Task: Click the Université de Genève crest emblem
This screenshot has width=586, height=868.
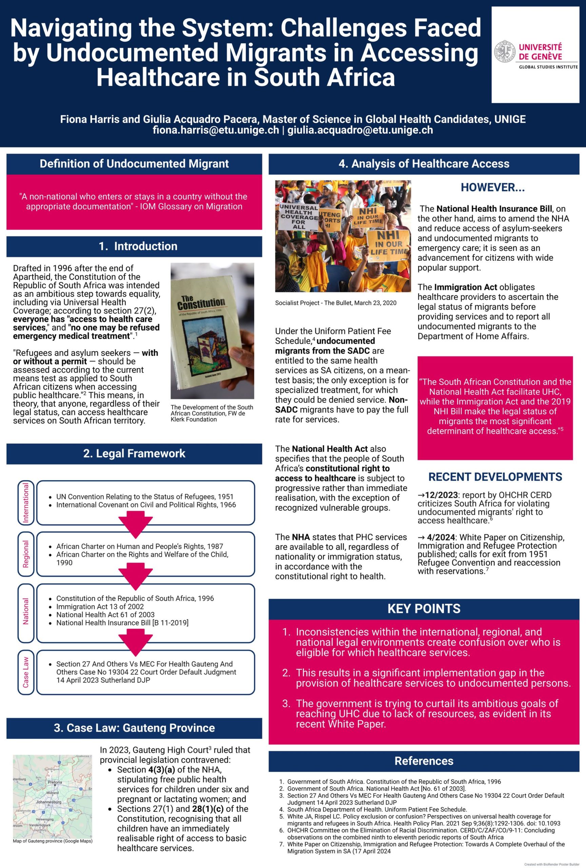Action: point(505,52)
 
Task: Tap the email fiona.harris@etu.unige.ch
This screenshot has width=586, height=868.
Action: point(216,130)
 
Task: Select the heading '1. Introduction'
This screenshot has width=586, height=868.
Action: point(138,246)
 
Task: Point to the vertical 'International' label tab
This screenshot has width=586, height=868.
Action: point(26,502)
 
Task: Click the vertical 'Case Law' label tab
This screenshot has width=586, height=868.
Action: point(26,672)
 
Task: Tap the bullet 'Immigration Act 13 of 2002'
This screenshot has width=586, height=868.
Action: point(100,607)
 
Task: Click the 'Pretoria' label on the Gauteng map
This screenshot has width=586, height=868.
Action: point(55,782)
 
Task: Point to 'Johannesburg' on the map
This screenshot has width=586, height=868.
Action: point(48,802)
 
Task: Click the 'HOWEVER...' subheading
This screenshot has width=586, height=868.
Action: point(493,188)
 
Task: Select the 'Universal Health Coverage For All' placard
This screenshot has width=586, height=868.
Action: point(298,217)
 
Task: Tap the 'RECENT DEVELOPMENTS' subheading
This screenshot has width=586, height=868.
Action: point(495,477)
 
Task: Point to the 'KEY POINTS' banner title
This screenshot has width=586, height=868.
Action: point(424,609)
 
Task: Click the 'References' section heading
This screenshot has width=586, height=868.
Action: point(424,761)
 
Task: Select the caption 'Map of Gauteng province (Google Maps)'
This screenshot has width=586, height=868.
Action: point(53,841)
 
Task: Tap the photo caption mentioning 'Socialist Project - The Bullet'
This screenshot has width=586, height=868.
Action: point(335,303)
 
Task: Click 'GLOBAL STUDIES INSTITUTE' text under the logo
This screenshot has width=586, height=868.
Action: point(548,67)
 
